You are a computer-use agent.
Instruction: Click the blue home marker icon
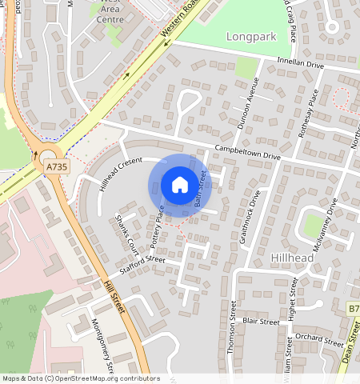(179, 185)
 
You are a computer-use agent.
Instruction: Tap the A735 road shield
(56, 166)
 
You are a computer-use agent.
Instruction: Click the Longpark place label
(250, 37)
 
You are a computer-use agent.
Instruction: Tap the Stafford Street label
(142, 261)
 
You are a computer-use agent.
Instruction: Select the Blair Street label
(261, 321)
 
